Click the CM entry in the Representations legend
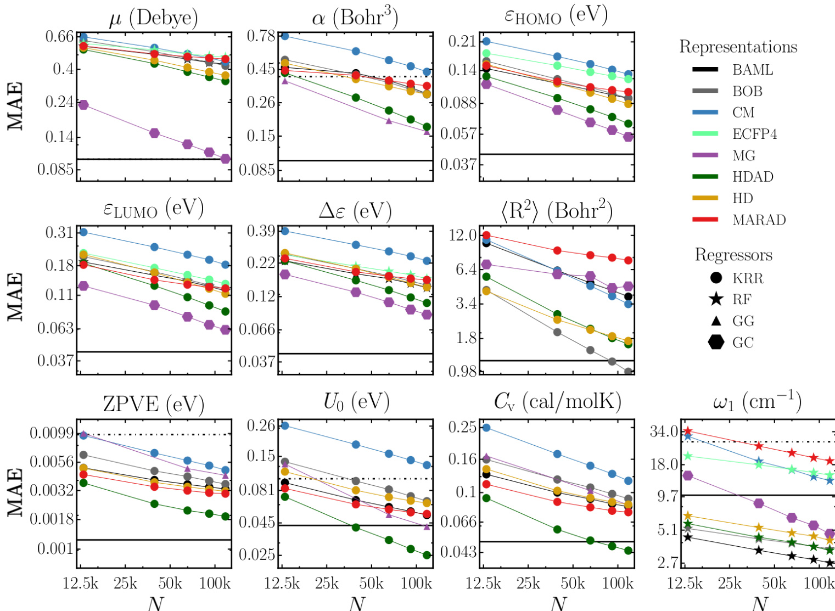click(743, 113)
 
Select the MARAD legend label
click(759, 220)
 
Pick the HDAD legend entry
click(752, 177)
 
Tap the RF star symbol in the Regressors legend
click(716, 300)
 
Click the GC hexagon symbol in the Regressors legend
click(716, 343)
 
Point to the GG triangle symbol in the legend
click(716, 321)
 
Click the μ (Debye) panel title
click(153, 19)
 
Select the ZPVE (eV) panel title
click(153, 405)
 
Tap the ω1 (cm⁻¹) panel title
click(756, 402)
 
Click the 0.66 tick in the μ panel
click(59, 37)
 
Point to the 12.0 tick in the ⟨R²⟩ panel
click(463, 236)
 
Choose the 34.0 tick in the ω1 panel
click(663, 431)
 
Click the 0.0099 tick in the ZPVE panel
click(52, 433)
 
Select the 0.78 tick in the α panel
click(261, 36)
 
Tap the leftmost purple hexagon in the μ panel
click(83, 105)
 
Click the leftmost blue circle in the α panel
click(284, 36)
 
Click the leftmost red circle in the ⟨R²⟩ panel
click(486, 236)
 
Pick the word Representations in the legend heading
click(738, 47)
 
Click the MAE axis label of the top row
click(15, 106)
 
